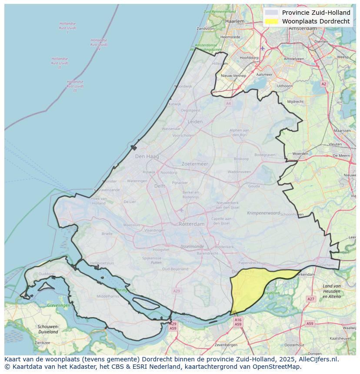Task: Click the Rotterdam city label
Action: pyautogui.click(x=191, y=224)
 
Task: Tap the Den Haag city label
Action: pyautogui.click(x=147, y=156)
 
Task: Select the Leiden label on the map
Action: pyautogui.click(x=195, y=122)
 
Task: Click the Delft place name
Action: pyautogui.click(x=160, y=186)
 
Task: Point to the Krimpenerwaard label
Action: pyautogui.click(x=263, y=213)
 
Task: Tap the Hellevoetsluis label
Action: pyautogui.click(x=102, y=263)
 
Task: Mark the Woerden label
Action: pyautogui.click(x=300, y=154)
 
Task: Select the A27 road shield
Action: pyautogui.click(x=310, y=299)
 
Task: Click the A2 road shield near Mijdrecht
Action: pyautogui.click(x=323, y=84)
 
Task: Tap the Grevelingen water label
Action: pyautogui.click(x=59, y=305)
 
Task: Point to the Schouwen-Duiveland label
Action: pyautogui.click(x=48, y=329)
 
